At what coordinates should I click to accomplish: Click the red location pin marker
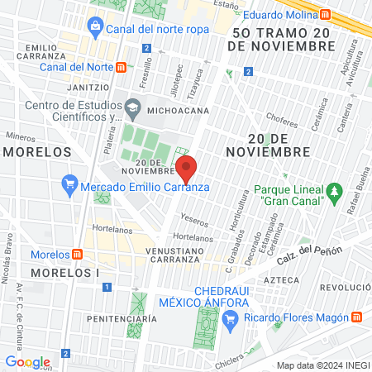click(x=187, y=169)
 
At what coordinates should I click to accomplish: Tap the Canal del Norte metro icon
click(x=122, y=67)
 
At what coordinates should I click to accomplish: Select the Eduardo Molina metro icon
click(x=326, y=14)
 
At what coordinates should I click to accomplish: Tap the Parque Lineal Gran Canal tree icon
click(x=334, y=193)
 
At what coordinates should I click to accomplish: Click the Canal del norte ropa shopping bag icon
click(x=95, y=28)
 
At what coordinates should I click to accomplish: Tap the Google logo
click(x=27, y=361)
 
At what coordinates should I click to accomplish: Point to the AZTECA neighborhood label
click(x=280, y=280)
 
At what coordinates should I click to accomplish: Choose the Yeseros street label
click(x=194, y=222)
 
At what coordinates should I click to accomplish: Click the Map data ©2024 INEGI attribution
click(x=322, y=365)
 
